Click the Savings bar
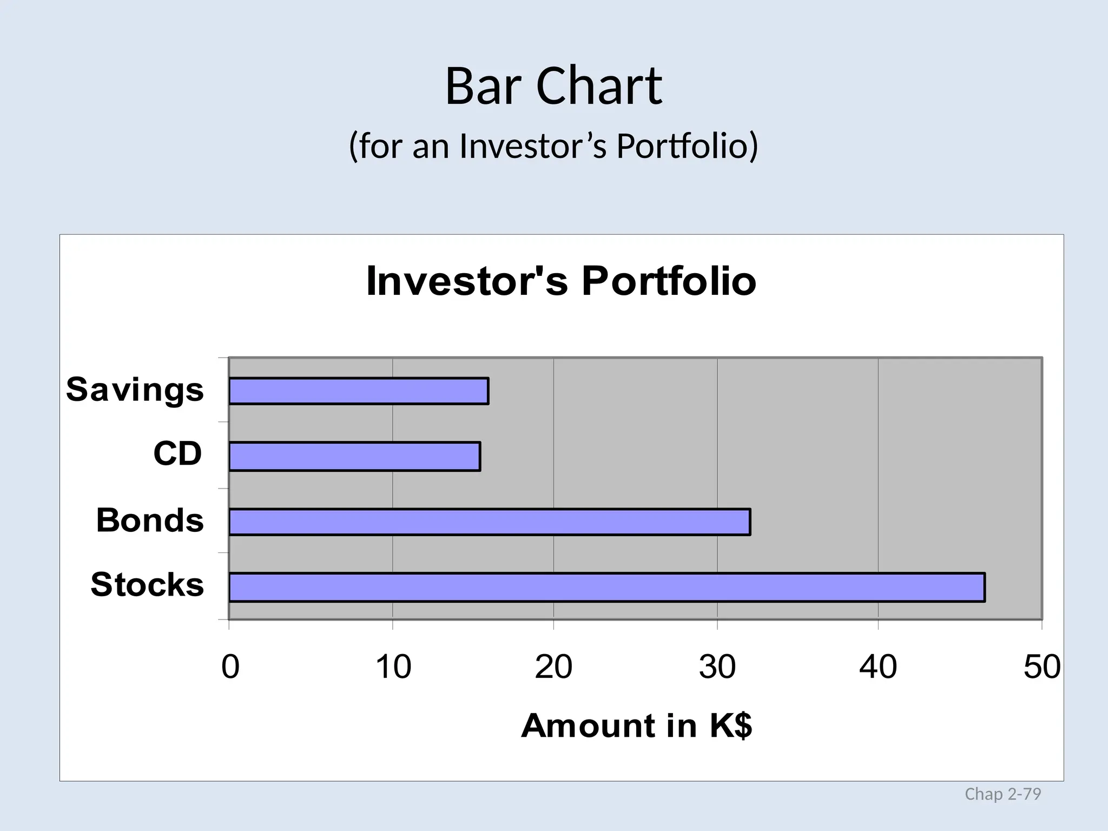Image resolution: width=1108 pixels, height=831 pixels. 358,391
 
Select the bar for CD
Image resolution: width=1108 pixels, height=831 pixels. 354,457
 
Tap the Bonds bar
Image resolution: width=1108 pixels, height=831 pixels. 489,522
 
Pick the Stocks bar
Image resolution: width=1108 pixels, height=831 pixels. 606,587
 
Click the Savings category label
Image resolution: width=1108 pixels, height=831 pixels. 135,390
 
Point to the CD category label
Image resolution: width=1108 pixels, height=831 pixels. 177,453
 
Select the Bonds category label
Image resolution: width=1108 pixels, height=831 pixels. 150,520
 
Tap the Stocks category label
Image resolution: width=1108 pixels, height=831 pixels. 147,585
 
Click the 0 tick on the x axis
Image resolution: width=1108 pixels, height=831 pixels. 230,667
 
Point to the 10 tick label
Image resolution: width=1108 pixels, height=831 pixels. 393,667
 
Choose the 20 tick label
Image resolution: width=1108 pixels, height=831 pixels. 553,667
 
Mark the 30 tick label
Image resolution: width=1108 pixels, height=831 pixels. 717,667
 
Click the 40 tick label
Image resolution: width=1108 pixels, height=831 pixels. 878,667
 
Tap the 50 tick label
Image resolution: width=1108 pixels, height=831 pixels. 1041,667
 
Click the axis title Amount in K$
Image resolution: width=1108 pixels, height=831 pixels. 636,726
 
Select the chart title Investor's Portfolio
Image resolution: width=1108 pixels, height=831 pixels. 561,281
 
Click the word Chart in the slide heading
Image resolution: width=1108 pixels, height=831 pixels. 599,87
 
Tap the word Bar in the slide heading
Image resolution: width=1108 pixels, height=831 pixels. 483,87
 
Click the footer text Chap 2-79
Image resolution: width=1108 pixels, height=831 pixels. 1003,794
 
